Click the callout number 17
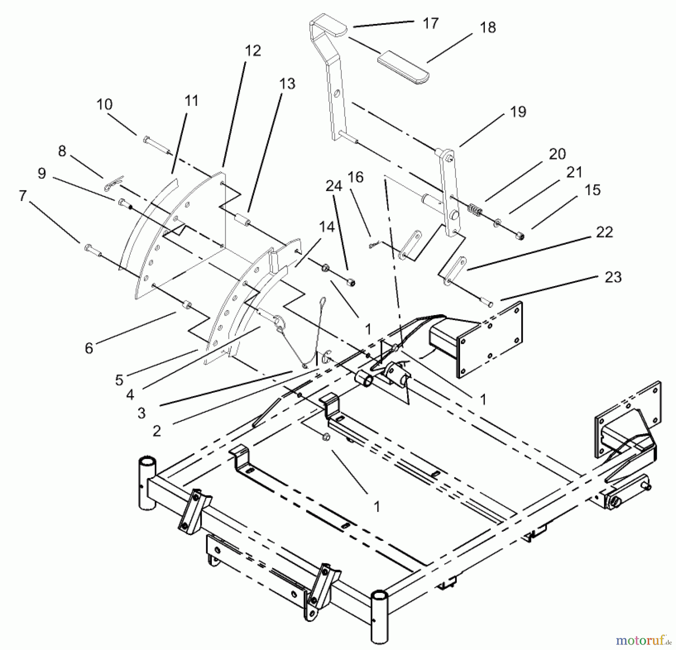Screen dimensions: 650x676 coord(430,23)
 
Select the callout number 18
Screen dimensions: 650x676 coord(487,27)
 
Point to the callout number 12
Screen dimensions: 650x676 coord(252,50)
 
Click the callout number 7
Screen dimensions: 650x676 coord(23,196)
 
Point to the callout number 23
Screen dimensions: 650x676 coord(613,277)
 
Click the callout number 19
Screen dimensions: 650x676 coord(518,112)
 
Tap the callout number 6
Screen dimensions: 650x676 coord(89,348)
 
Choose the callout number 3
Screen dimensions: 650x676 coord(141,413)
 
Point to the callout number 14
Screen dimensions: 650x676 coord(326,227)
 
